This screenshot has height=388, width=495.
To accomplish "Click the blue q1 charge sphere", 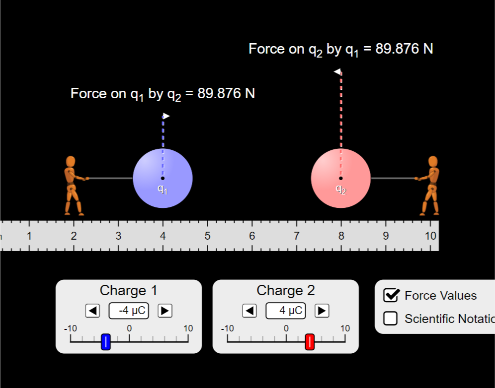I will (163, 178).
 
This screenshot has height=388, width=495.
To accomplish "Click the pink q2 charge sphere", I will (340, 178).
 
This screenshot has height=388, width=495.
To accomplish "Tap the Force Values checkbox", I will (391, 295).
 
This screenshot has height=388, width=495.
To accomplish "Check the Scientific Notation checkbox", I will (391, 319).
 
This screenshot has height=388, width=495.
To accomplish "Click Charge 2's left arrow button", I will (249, 311).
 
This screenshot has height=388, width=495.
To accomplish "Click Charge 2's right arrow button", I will (322, 311).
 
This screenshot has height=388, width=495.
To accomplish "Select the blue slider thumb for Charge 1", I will (105, 342).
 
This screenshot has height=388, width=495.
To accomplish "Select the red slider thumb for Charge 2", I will (310, 342).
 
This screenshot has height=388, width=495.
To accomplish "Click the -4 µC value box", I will (129, 311).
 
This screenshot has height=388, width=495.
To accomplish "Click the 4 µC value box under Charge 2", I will (286, 311).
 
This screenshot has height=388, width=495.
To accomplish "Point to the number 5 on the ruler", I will (207, 236).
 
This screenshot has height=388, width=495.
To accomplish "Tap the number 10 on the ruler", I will (430, 236).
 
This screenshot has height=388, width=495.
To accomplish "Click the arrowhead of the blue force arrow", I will (166, 116).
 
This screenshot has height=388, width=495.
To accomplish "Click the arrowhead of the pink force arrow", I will (337, 72).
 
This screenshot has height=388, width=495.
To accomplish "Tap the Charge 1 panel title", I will (128, 290).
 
